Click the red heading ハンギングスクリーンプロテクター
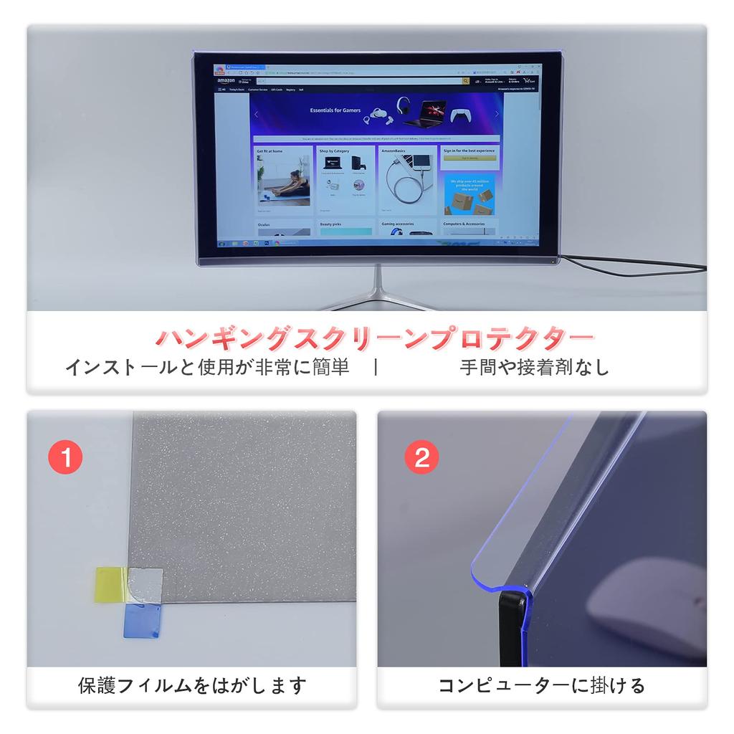pos(374,337)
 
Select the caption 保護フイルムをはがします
pos(192,685)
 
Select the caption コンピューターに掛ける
pos(542,685)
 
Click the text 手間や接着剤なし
pos(534,368)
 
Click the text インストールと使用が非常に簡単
pos(207,368)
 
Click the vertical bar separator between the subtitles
pos(376,368)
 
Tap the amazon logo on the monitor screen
pos(226,81)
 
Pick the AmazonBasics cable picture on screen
pos(408,182)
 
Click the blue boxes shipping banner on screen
pos(470,194)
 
